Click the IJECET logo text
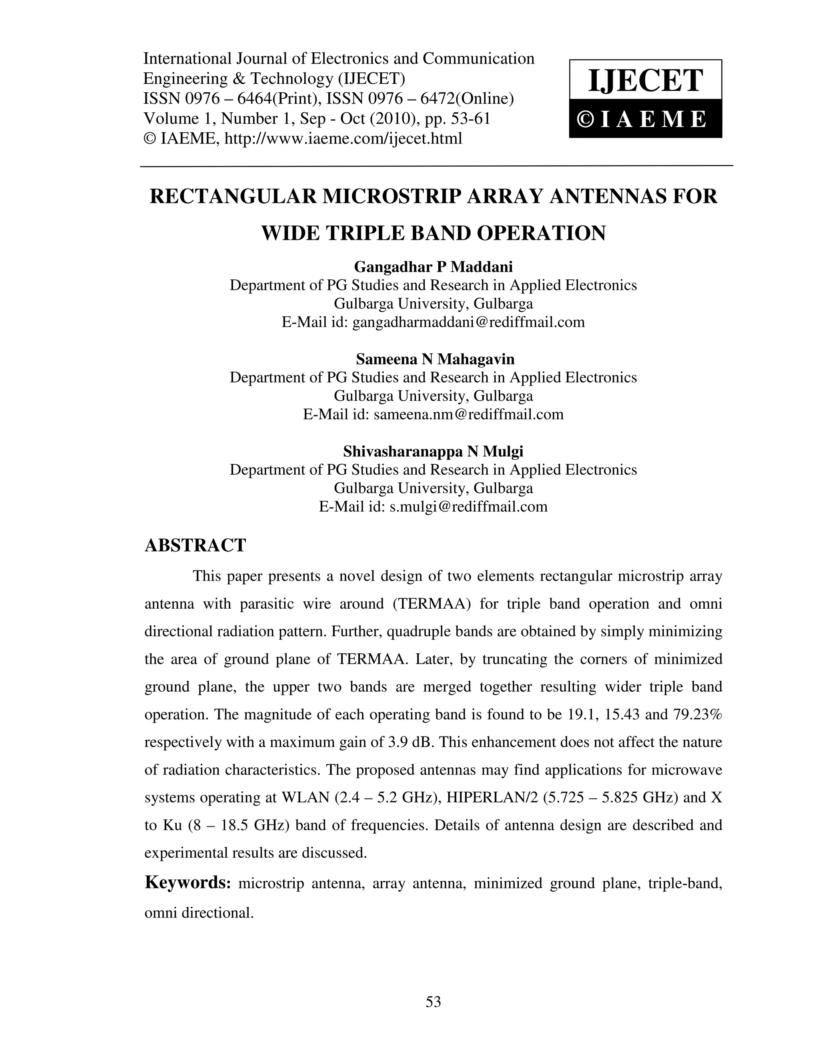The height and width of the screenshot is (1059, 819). pyautogui.click(x=645, y=80)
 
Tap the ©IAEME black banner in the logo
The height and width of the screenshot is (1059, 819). pyautogui.click(x=645, y=119)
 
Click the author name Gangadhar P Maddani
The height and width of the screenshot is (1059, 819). pyautogui.click(x=433, y=267)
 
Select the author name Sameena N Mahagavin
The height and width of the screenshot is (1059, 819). pyautogui.click(x=435, y=359)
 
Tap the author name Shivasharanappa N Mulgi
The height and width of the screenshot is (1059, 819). pyautogui.click(x=433, y=452)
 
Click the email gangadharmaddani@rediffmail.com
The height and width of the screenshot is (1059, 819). pyautogui.click(x=468, y=322)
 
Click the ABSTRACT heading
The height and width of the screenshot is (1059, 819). pyautogui.click(x=196, y=545)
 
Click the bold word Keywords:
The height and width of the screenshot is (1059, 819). pyautogui.click(x=187, y=882)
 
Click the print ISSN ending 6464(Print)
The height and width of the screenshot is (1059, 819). pyautogui.click(x=271, y=99)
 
